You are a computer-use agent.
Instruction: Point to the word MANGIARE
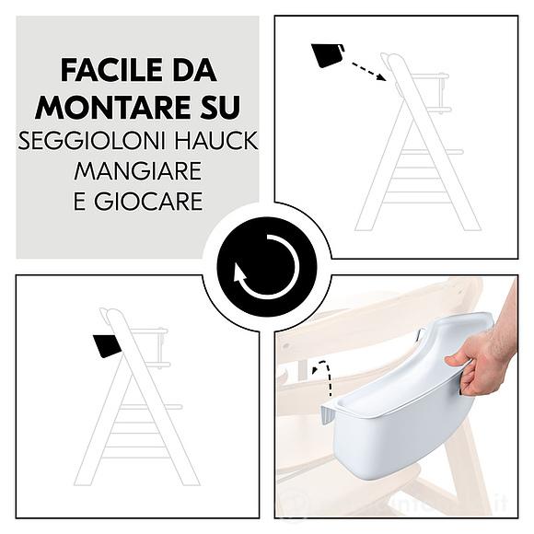coord(138,171)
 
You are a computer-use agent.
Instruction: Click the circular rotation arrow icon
coord(267,267)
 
